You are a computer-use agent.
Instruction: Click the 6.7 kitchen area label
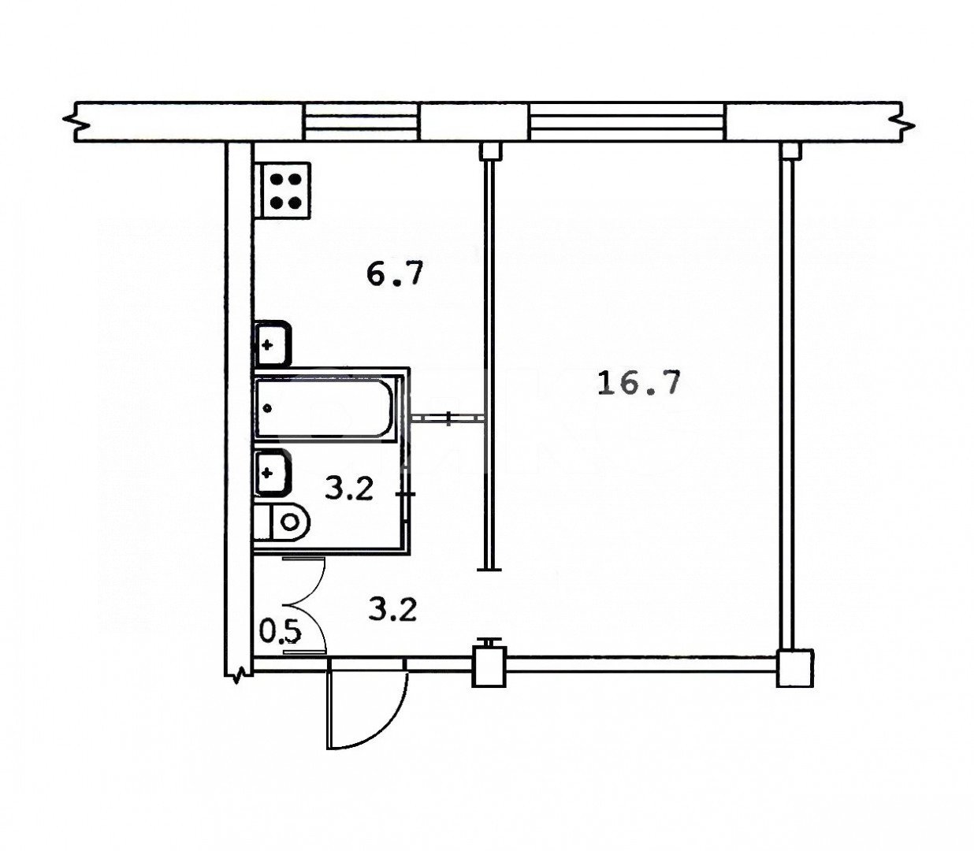[395, 274]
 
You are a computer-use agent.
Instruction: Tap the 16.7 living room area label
[639, 383]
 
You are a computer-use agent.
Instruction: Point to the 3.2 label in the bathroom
[349, 489]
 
